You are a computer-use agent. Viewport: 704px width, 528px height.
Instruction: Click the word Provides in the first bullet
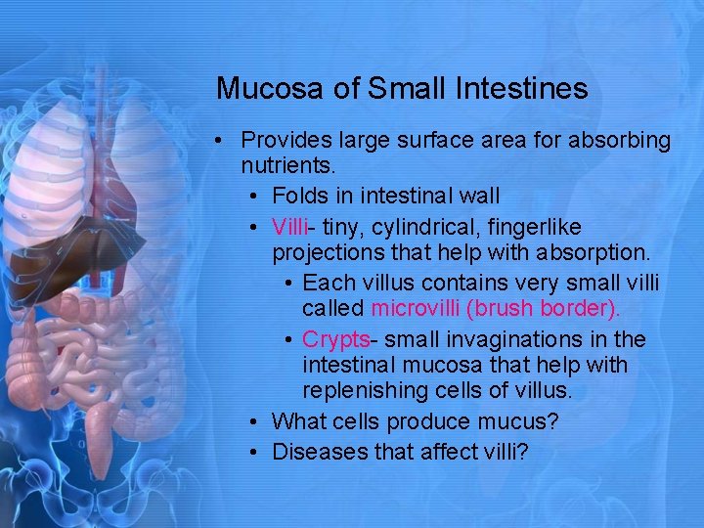click(285, 141)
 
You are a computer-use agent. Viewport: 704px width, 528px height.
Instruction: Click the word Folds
click(298, 197)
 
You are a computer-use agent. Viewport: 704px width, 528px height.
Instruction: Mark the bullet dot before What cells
click(253, 422)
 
